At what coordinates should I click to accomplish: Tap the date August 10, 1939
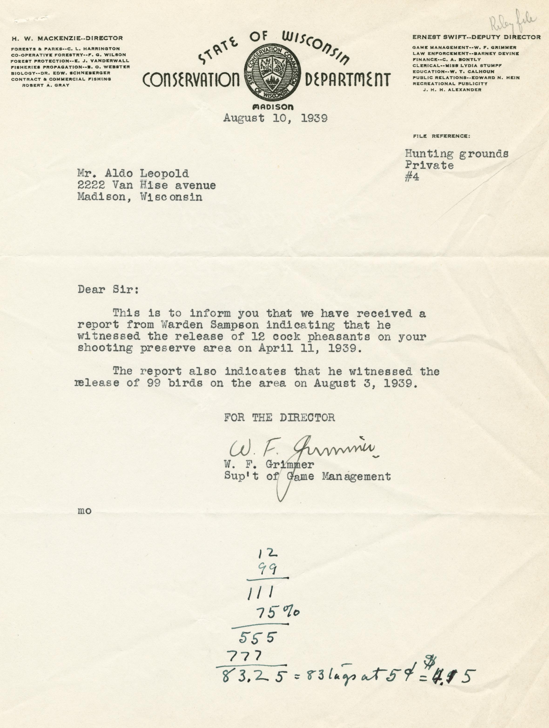275,118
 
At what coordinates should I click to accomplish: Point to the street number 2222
91,185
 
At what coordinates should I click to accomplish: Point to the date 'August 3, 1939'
365,383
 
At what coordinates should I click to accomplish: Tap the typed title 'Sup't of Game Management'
307,476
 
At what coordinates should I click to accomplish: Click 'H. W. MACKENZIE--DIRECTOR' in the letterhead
67,38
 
